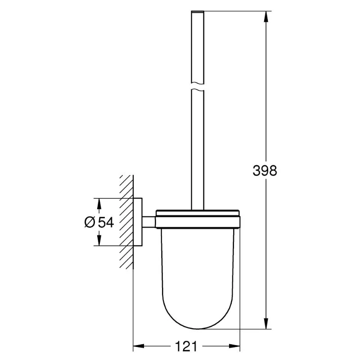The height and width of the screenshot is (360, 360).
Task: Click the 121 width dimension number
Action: pyautogui.click(x=187, y=346)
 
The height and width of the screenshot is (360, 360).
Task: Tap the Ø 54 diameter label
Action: pyautogui.click(x=98, y=222)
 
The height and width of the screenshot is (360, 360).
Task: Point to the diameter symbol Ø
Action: pyautogui.click(x=89, y=222)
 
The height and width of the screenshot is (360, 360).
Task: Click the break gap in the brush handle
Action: pyautogui.click(x=198, y=86)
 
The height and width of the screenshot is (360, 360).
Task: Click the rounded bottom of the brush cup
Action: pyautogui.click(x=198, y=315)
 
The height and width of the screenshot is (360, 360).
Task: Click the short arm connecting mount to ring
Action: pyautogui.click(x=149, y=221)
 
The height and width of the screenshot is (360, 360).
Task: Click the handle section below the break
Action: pyautogui.click(x=198, y=148)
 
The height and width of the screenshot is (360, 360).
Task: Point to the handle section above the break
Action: pyautogui.click(x=198, y=45)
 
